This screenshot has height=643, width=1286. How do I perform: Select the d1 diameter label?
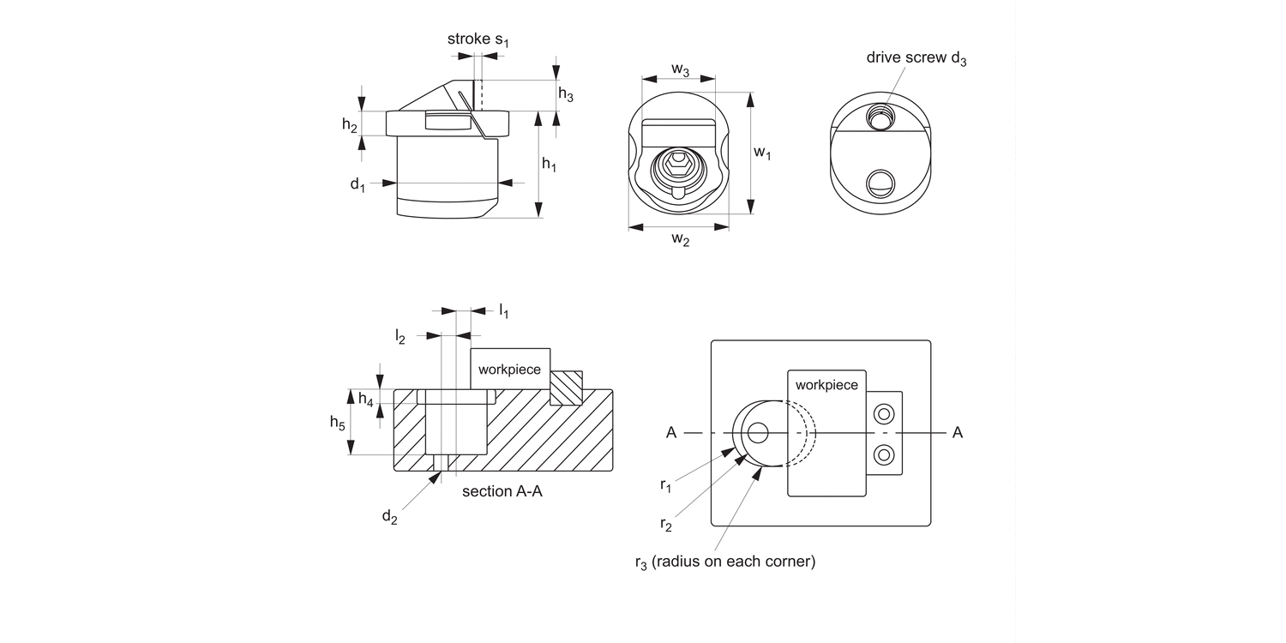(358, 184)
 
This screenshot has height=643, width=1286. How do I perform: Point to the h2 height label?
(350, 126)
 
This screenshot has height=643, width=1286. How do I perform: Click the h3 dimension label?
(566, 95)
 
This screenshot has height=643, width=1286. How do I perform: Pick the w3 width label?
(680, 69)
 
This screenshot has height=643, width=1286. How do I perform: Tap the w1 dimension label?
(762, 153)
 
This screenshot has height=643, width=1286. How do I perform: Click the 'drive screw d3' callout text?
(916, 58)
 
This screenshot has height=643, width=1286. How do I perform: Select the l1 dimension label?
(503, 311)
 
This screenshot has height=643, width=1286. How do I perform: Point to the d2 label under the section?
(389, 516)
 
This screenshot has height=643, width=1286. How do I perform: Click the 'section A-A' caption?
(502, 492)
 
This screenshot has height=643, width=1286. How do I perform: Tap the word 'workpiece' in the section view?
(509, 370)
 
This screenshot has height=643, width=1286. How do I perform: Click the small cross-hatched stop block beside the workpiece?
(566, 388)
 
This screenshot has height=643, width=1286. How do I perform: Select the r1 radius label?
(665, 485)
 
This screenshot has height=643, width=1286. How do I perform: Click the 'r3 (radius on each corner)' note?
(724, 562)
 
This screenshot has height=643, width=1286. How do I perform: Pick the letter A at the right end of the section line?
(958, 433)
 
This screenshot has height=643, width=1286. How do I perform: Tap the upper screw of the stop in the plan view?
(884, 415)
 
